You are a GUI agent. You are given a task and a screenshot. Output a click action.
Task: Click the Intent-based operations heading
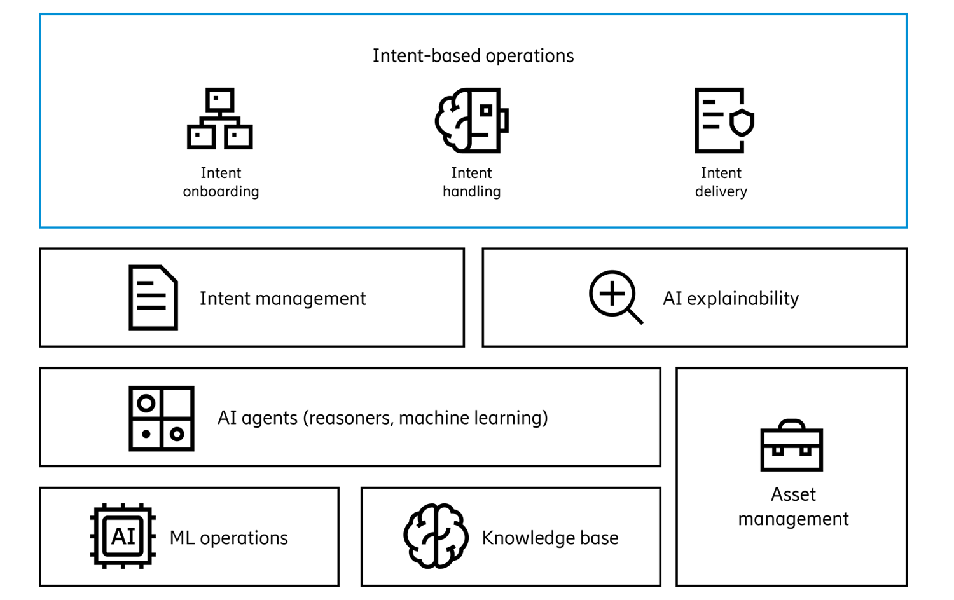click(473, 56)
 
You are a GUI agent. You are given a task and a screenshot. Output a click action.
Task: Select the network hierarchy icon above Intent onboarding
click(220, 119)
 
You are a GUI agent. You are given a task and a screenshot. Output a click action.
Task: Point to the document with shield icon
click(722, 120)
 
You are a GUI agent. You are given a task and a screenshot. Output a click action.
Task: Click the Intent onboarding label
click(221, 182)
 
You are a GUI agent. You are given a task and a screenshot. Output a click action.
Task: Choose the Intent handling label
click(471, 182)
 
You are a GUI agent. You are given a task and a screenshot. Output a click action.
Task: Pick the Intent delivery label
click(721, 182)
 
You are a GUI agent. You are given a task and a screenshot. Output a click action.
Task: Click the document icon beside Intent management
click(153, 297)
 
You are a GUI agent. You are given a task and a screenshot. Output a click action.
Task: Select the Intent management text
click(282, 298)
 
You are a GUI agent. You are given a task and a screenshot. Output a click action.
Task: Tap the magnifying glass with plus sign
click(614, 297)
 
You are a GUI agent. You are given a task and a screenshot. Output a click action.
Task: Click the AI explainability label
click(730, 298)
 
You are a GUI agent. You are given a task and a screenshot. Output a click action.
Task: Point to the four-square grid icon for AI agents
click(161, 418)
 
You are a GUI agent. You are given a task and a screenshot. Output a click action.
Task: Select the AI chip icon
click(123, 536)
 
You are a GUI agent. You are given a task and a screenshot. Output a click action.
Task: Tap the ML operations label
click(228, 538)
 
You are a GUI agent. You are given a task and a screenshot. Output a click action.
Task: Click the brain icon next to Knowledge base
click(436, 536)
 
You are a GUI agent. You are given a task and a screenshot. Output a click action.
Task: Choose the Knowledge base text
click(550, 538)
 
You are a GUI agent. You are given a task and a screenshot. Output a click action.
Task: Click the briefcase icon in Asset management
click(792, 446)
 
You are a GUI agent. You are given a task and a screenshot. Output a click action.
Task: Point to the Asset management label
click(793, 507)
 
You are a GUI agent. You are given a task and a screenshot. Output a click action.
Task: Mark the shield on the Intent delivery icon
click(742, 122)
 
